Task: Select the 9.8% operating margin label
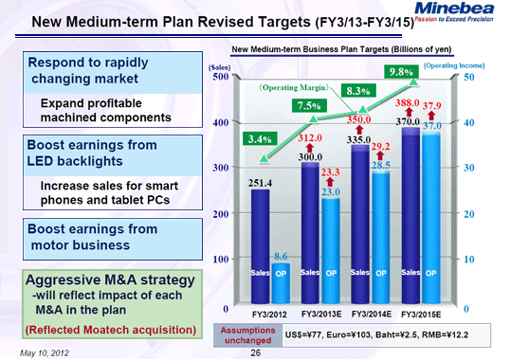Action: pos(402,71)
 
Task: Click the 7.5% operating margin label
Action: pos(307,105)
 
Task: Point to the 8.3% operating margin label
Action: pos(358,91)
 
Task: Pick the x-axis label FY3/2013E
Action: pos(319,313)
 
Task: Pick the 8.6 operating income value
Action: pos(281,256)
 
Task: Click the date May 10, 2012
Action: pos(45,351)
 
